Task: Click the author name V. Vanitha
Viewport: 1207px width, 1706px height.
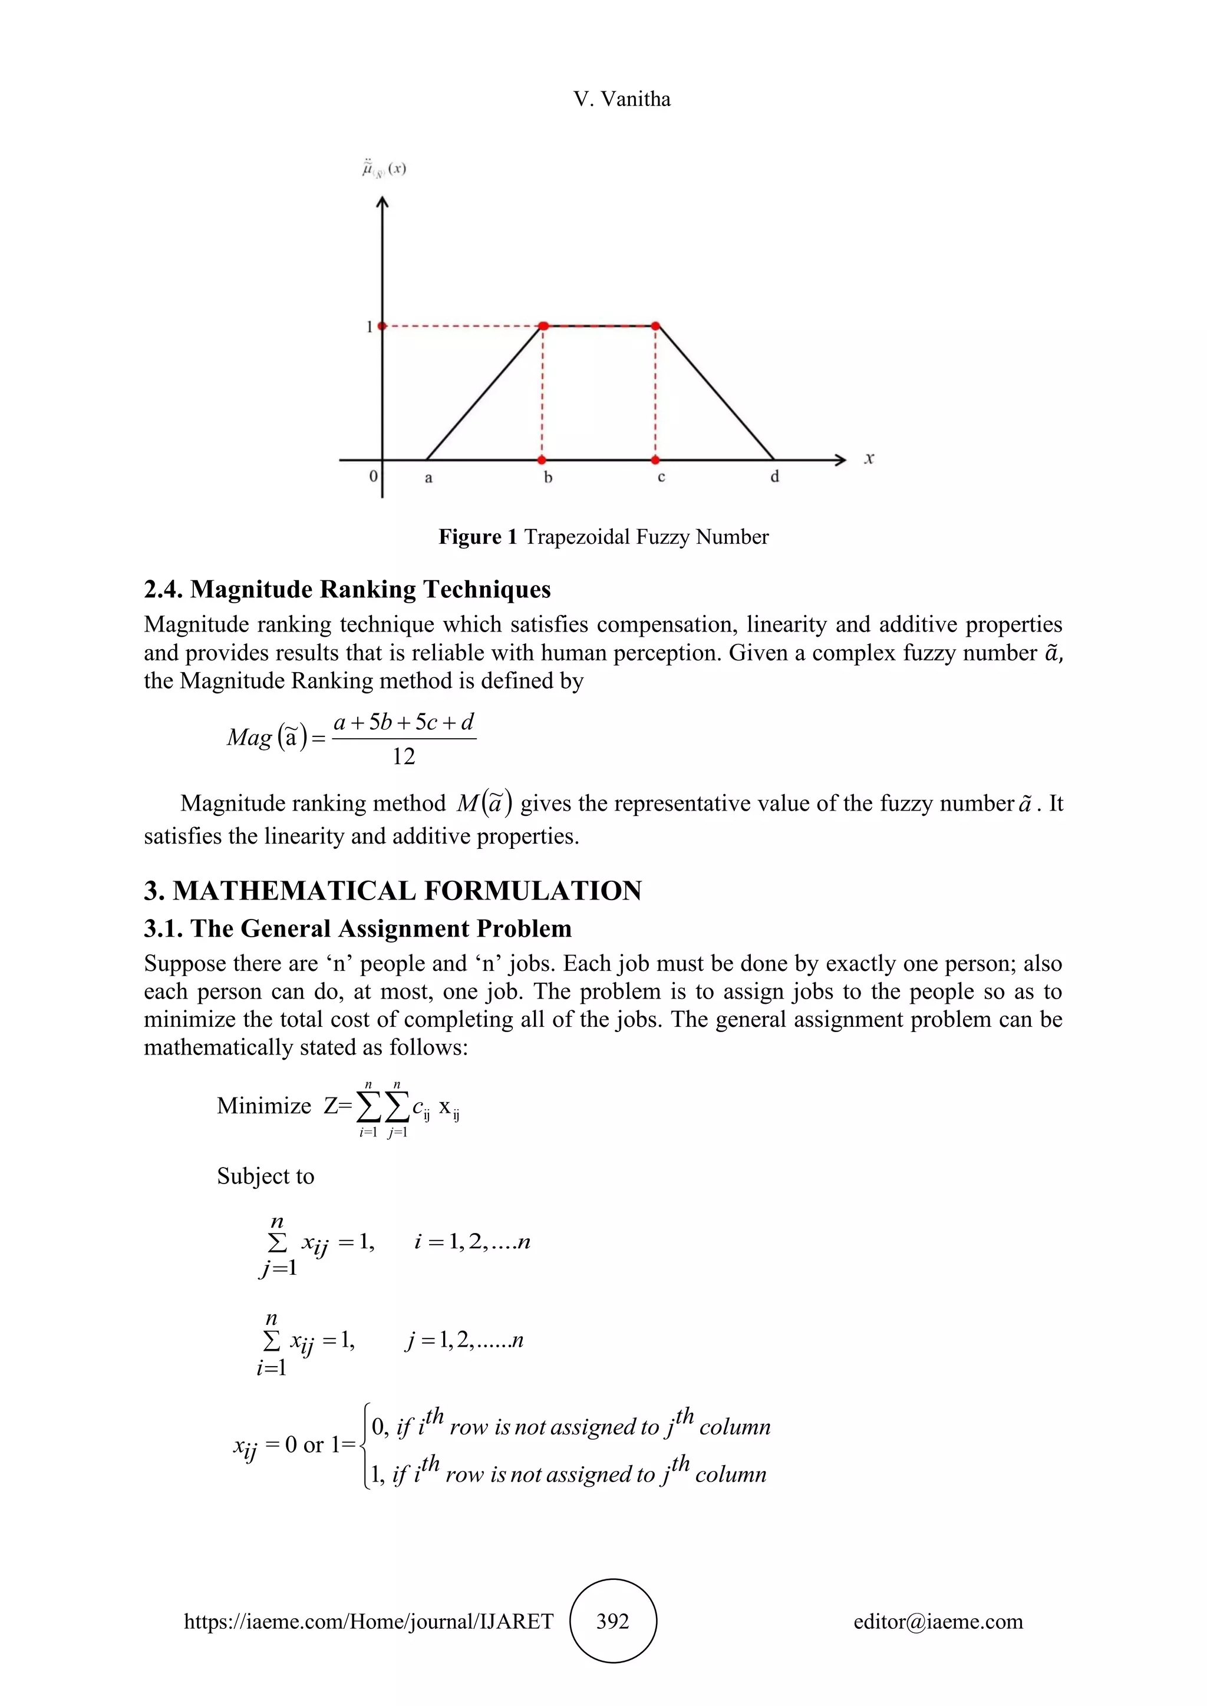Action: coord(621,100)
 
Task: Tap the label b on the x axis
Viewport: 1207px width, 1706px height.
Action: coord(548,478)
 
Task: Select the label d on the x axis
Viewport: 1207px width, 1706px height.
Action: coord(774,477)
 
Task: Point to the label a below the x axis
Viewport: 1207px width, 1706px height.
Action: coord(428,478)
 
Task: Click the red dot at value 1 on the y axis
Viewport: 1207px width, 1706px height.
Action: coord(382,326)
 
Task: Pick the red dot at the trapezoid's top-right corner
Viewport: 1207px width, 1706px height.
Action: coord(655,326)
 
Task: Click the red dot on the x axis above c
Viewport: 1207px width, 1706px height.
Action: coord(655,460)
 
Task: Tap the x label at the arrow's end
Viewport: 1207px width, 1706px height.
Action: coord(869,458)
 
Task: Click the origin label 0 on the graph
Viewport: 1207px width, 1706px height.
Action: coord(373,477)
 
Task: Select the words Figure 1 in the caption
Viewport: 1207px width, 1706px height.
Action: coord(477,537)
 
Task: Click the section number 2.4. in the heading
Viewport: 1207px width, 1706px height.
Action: coord(164,589)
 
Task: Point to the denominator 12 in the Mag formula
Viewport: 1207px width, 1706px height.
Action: coord(404,757)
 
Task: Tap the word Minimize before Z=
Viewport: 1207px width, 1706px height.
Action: coord(264,1106)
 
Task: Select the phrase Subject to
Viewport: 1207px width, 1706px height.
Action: coord(265,1176)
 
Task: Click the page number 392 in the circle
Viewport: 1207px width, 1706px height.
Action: coord(612,1621)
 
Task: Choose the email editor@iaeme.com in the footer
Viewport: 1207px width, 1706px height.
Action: coord(938,1621)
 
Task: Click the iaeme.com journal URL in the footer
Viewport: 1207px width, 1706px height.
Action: coord(368,1621)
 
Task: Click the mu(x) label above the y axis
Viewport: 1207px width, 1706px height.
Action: coord(384,170)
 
